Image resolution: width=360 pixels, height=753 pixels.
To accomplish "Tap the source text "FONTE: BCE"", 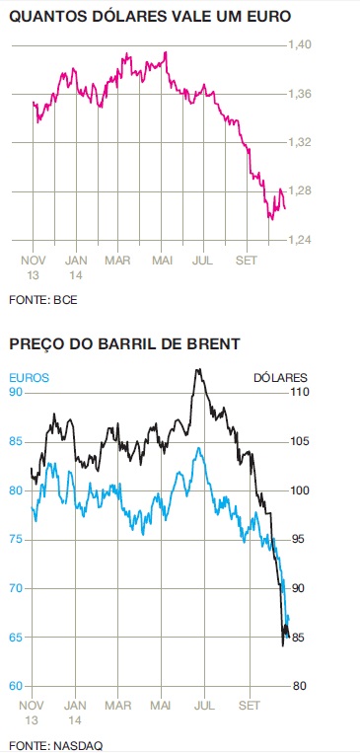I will (x=43, y=299).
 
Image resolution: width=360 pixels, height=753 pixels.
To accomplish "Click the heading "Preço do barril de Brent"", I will (x=125, y=344).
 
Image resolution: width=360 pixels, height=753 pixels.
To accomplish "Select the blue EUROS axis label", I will (x=29, y=377).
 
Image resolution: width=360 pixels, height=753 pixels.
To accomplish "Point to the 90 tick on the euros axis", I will (x=16, y=392).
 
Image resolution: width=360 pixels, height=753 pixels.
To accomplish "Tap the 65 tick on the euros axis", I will (x=16, y=637).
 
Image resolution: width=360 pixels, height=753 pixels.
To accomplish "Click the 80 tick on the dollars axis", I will (x=299, y=686).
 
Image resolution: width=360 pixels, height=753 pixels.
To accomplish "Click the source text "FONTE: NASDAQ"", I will (x=55, y=744).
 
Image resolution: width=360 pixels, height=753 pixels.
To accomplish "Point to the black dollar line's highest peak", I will (x=198, y=370).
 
